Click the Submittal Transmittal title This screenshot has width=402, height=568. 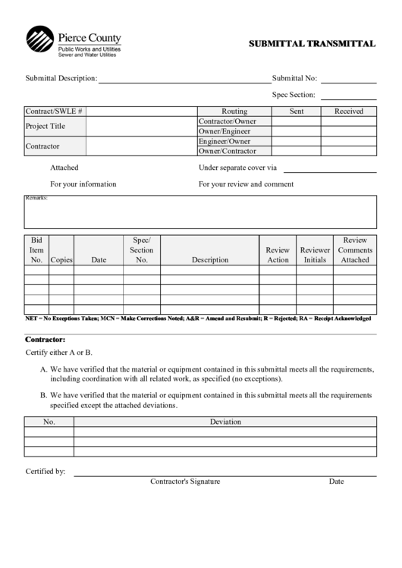[x=312, y=44]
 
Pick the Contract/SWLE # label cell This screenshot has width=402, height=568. [x=54, y=111]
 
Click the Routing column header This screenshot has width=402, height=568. [x=234, y=111]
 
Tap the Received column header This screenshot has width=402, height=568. [x=348, y=111]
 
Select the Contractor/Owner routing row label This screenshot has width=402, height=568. [x=227, y=121]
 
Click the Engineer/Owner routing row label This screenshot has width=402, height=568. [x=224, y=141]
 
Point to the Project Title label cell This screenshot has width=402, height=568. [x=46, y=126]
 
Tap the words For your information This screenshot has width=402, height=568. [x=83, y=184]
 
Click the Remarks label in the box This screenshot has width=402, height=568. [x=36, y=198]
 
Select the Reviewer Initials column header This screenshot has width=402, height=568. [x=315, y=255]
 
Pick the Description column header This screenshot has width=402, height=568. [x=209, y=260]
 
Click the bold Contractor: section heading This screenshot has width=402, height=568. [x=46, y=340]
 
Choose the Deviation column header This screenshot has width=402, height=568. [x=225, y=422]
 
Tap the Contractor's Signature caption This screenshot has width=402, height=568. [x=184, y=482]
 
